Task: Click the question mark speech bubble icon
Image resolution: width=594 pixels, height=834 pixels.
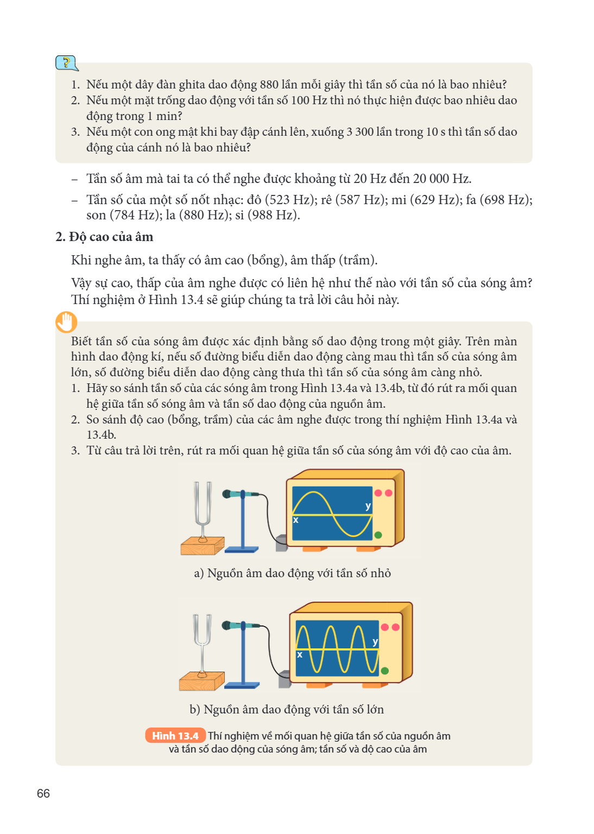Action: pyautogui.click(x=67, y=63)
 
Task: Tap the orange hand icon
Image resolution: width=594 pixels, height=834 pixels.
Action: pyautogui.click(x=66, y=321)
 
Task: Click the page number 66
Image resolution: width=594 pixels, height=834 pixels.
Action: pyautogui.click(x=43, y=793)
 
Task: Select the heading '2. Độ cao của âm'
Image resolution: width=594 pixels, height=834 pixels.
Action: pyautogui.click(x=104, y=237)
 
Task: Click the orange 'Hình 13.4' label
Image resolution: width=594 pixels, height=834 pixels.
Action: pyautogui.click(x=175, y=736)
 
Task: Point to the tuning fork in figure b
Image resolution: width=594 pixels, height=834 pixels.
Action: pyautogui.click(x=202, y=646)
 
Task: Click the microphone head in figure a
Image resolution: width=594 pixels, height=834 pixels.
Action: pyautogui.click(x=228, y=494)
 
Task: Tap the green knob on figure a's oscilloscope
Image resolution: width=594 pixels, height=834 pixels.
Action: pyautogui.click(x=378, y=535)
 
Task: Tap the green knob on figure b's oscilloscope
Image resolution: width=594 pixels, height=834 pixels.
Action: pyautogui.click(x=385, y=671)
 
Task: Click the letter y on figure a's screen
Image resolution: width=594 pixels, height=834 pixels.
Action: pyautogui.click(x=368, y=507)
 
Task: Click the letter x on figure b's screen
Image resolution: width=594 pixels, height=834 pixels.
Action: pyautogui.click(x=299, y=654)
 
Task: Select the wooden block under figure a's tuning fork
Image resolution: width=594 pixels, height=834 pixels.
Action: pyautogui.click(x=202, y=546)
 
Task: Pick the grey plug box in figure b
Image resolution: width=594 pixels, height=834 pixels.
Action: pyautogui.click(x=284, y=679)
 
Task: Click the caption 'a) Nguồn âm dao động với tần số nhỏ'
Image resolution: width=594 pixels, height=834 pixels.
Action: pyautogui.click(x=292, y=573)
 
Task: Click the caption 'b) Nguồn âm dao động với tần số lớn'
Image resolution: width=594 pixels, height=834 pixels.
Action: pyautogui.click(x=287, y=709)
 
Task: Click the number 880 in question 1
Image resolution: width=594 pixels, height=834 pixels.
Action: pyautogui.click(x=269, y=85)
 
